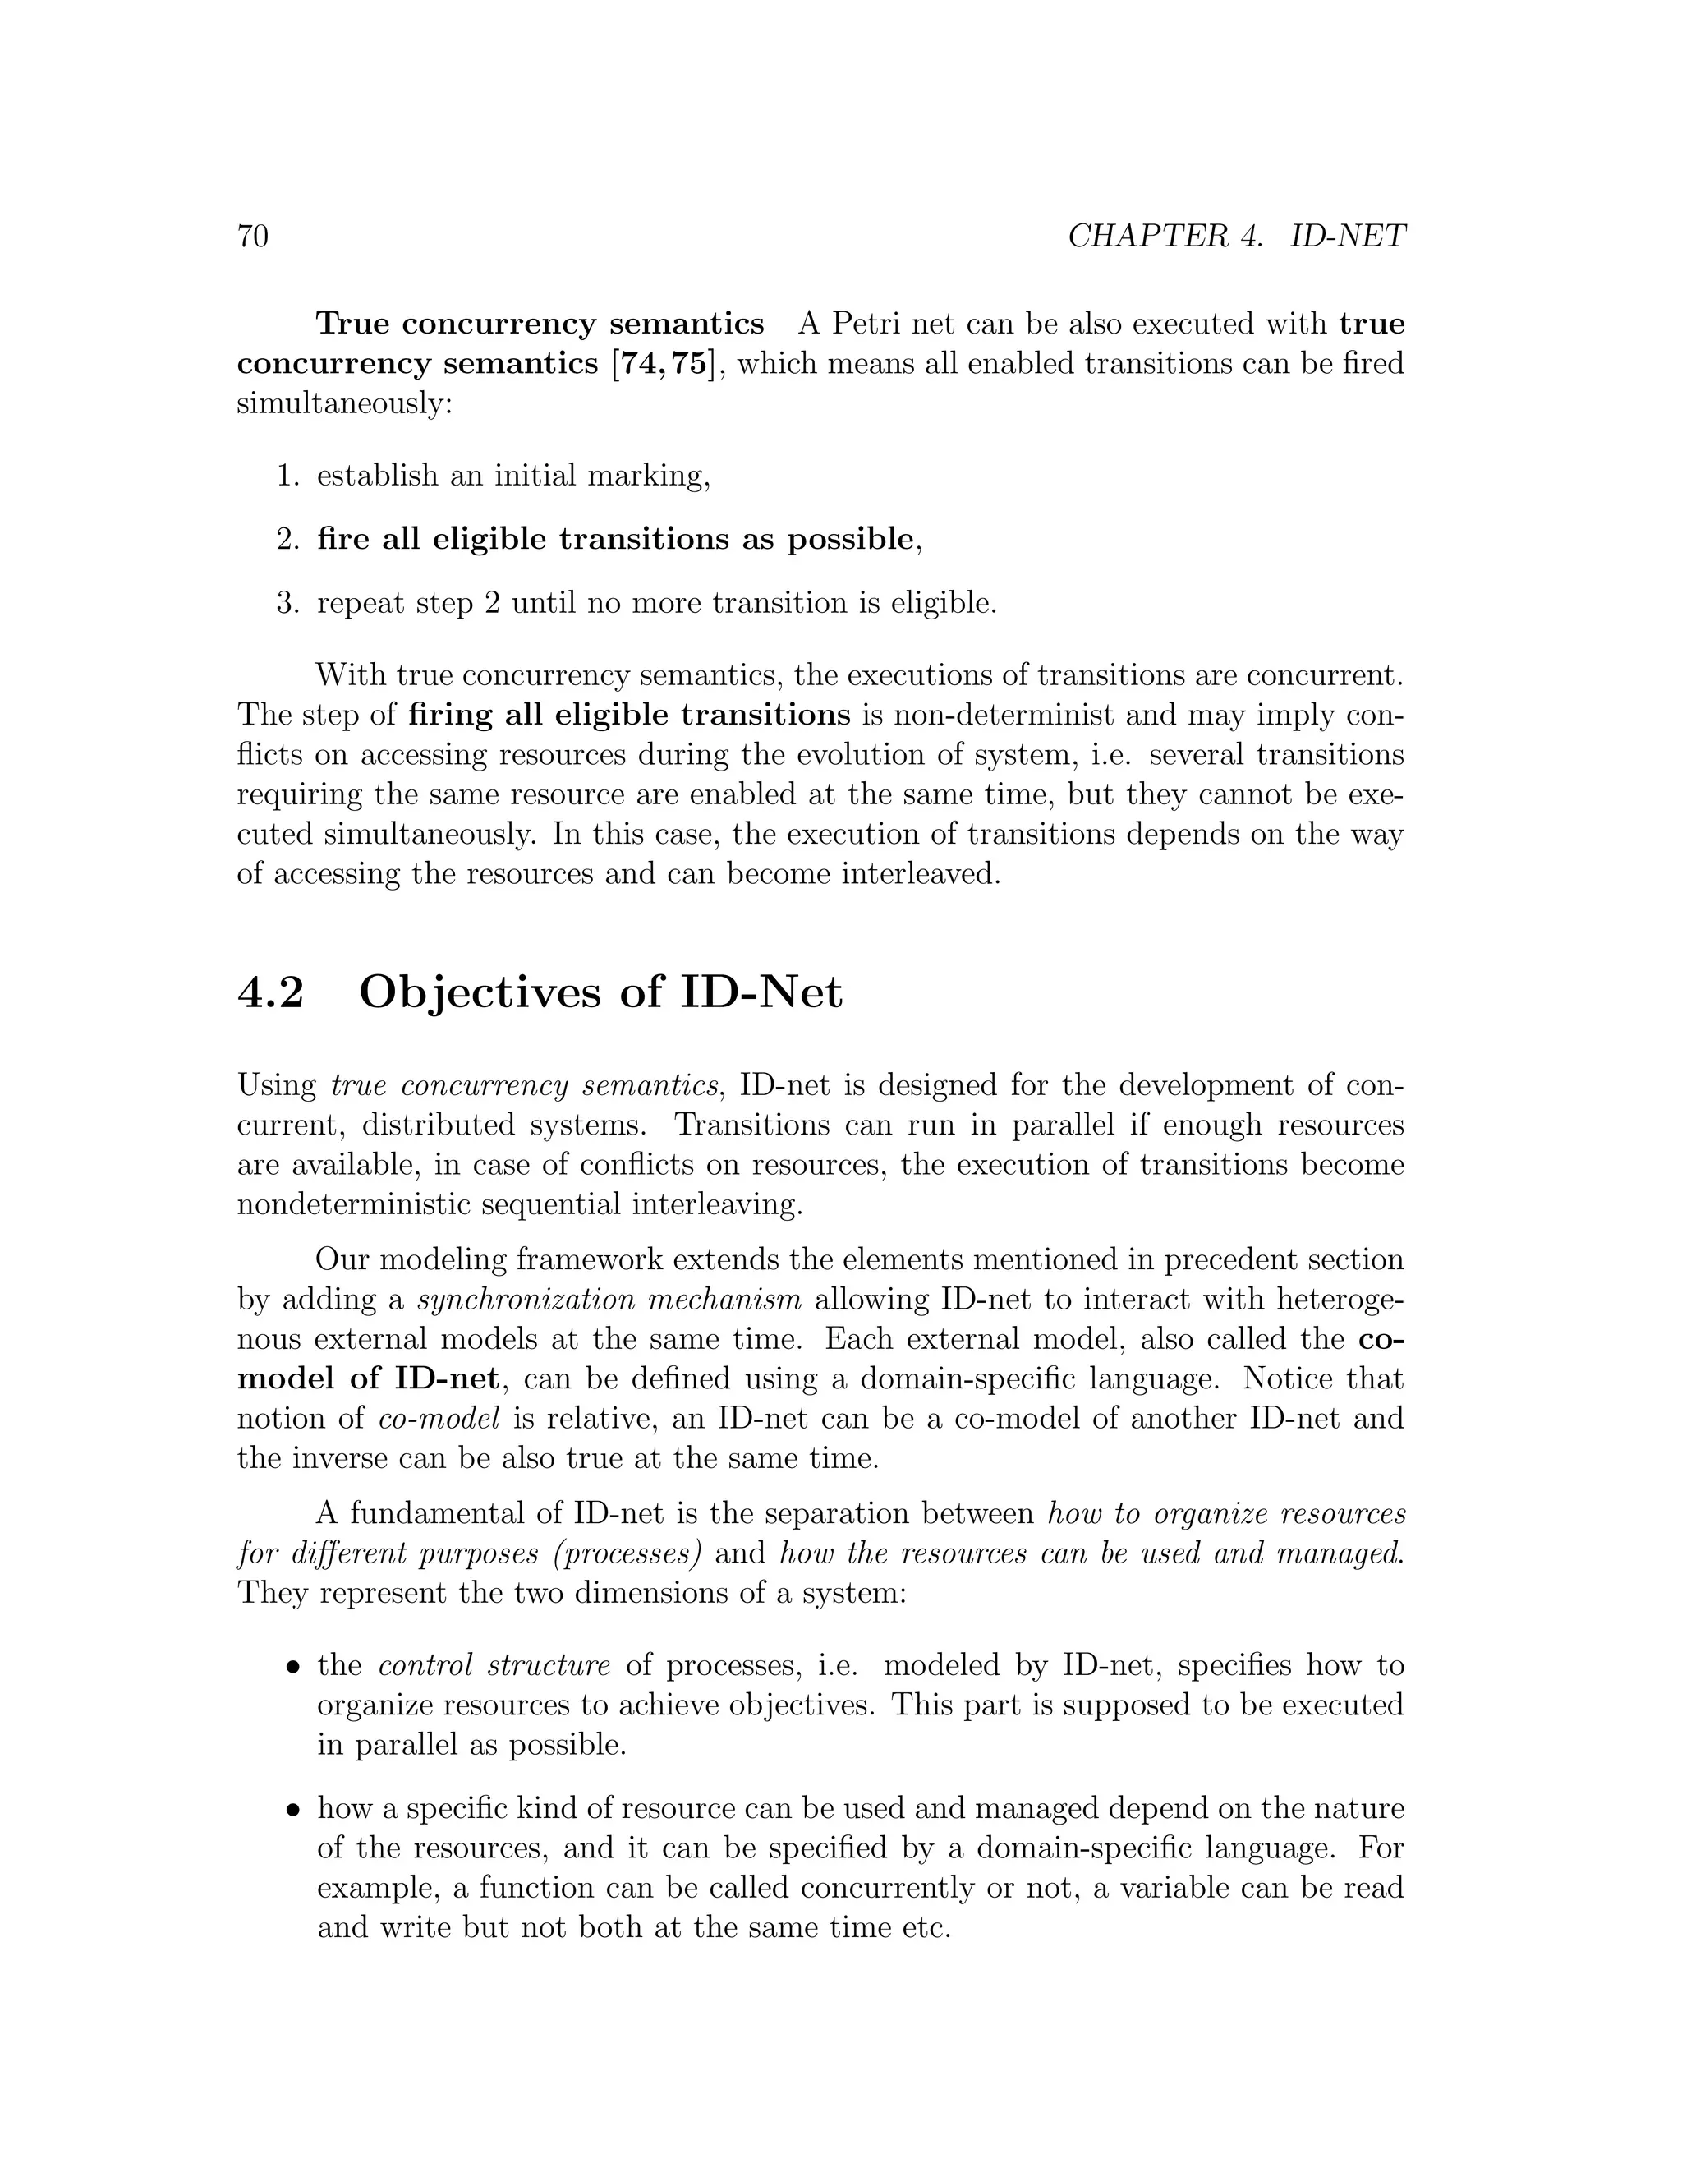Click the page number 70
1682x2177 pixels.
tap(253, 237)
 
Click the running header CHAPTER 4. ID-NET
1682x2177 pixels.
tap(1235, 237)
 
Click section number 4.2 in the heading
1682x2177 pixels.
tap(270, 993)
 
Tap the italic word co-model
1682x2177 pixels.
tap(439, 1420)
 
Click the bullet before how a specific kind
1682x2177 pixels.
tap(293, 1810)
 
